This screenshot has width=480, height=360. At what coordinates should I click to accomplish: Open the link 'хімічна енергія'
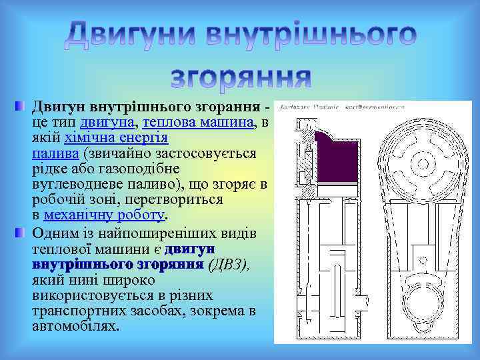click(117, 138)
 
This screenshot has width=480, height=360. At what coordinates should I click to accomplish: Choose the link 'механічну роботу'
click(103, 215)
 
